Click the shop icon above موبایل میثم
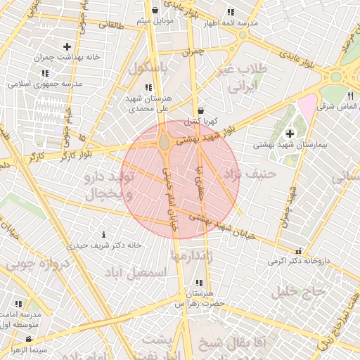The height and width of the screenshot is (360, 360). (x=155, y=10)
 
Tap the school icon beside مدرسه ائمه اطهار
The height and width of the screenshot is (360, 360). (x=231, y=12)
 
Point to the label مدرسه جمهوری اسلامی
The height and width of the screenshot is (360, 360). (x=45, y=84)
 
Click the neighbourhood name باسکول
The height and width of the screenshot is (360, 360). (x=149, y=69)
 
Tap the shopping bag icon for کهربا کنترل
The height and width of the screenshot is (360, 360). (x=202, y=111)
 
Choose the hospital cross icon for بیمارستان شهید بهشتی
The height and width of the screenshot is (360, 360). (x=290, y=134)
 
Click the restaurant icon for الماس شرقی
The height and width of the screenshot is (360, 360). (x=349, y=96)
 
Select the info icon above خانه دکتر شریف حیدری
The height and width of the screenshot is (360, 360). (x=104, y=234)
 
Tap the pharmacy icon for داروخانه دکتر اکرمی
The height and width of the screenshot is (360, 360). (x=300, y=250)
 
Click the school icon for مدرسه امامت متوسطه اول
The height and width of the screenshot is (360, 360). (x=18, y=304)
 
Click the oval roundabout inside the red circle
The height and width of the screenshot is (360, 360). (x=164, y=143)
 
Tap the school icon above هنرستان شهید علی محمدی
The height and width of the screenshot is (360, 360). (x=147, y=87)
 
